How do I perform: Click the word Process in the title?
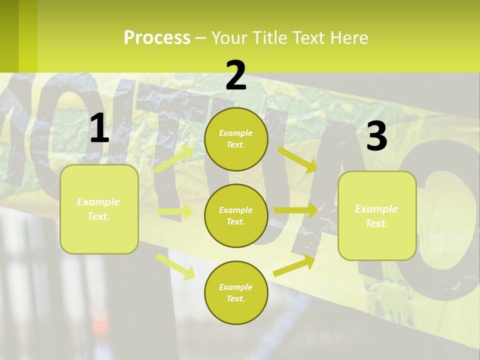click(157, 38)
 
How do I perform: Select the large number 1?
click(99, 128)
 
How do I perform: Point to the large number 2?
click(236, 75)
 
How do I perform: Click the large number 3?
click(376, 136)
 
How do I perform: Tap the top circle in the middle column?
click(236, 139)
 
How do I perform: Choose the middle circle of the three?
click(236, 215)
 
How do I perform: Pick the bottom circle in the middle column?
click(236, 292)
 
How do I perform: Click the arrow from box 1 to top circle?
click(174, 159)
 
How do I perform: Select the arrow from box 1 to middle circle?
click(175, 212)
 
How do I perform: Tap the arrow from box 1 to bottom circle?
click(175, 266)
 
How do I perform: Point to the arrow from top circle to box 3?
click(297, 158)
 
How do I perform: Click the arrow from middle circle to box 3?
click(295, 210)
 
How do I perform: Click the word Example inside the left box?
click(98, 202)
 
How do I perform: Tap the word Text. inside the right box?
click(376, 224)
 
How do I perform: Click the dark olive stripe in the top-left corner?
click(9, 35)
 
